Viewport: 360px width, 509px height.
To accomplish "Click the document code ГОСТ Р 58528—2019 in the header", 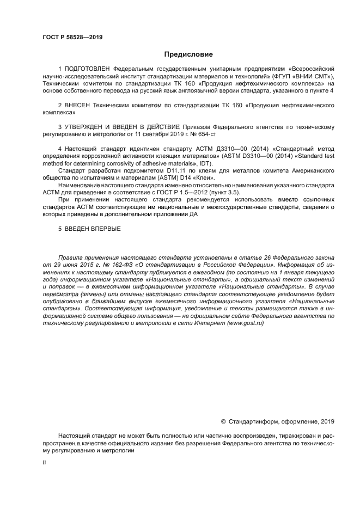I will click(x=72, y=37).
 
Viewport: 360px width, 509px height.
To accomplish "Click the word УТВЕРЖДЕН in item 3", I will click(x=89, y=126).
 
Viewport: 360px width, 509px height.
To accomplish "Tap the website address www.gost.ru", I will click(x=245, y=323).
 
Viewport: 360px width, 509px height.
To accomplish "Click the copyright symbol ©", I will click(x=223, y=421).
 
